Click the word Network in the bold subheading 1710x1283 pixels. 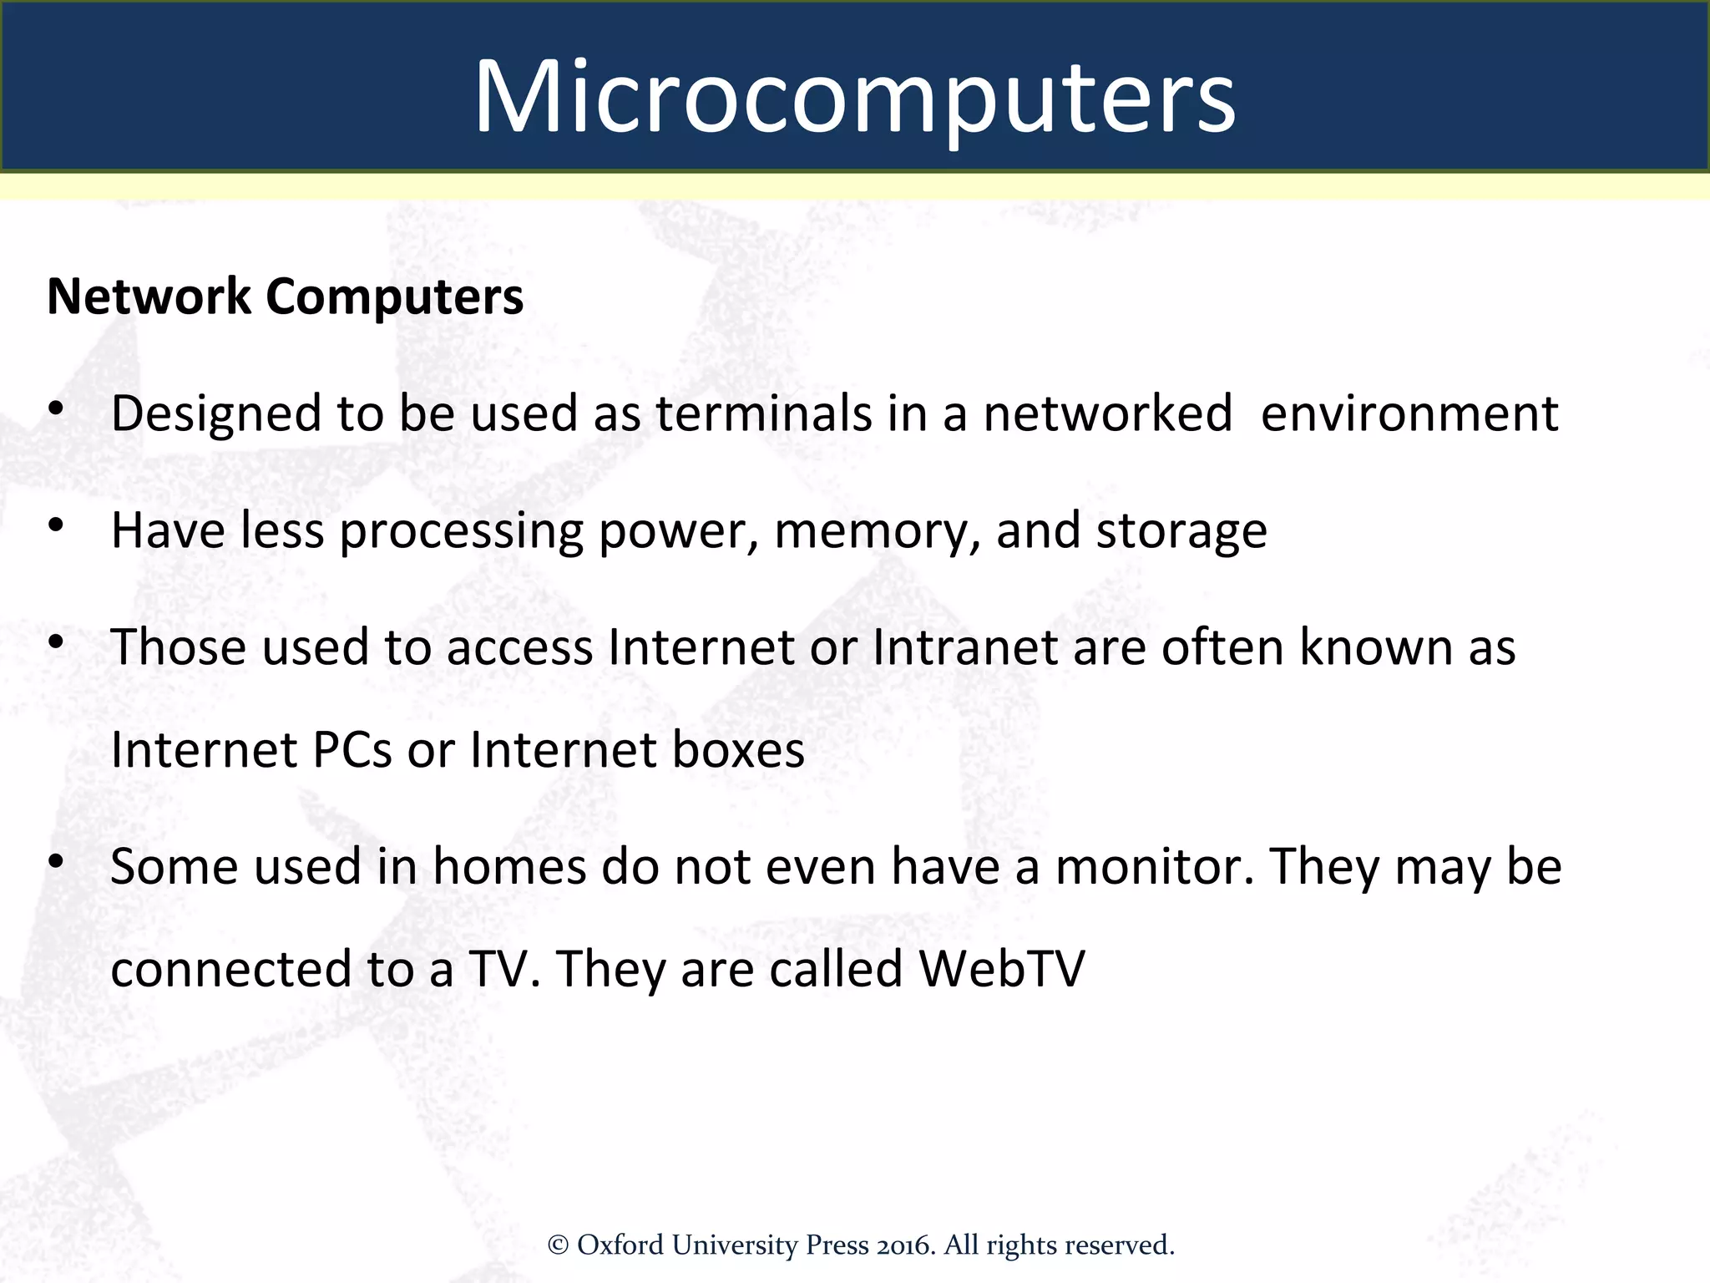(149, 297)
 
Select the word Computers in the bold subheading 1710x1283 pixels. (394, 298)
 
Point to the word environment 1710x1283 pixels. (1409, 413)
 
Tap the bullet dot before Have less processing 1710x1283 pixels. (56, 525)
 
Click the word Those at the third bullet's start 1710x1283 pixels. (179, 647)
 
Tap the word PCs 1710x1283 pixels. (352, 750)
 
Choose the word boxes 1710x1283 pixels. (738, 750)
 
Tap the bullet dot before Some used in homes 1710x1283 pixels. (56, 861)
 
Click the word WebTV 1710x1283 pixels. (1001, 969)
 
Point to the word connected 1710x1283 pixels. (231, 969)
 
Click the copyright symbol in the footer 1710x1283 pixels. (558, 1245)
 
